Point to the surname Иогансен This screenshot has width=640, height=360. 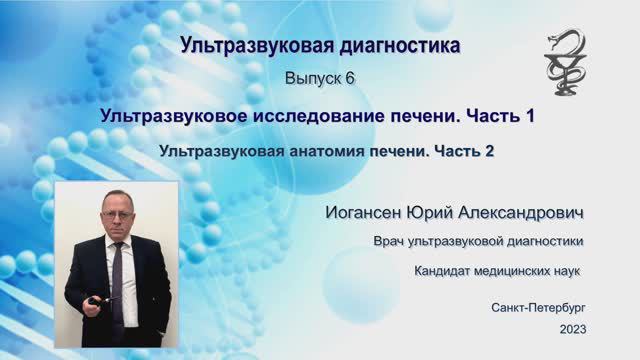tap(369, 214)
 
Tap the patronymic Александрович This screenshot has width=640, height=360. tap(530, 214)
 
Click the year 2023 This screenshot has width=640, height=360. tap(573, 328)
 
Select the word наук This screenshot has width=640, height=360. tap(564, 271)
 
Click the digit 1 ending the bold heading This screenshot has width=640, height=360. tap(529, 116)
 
